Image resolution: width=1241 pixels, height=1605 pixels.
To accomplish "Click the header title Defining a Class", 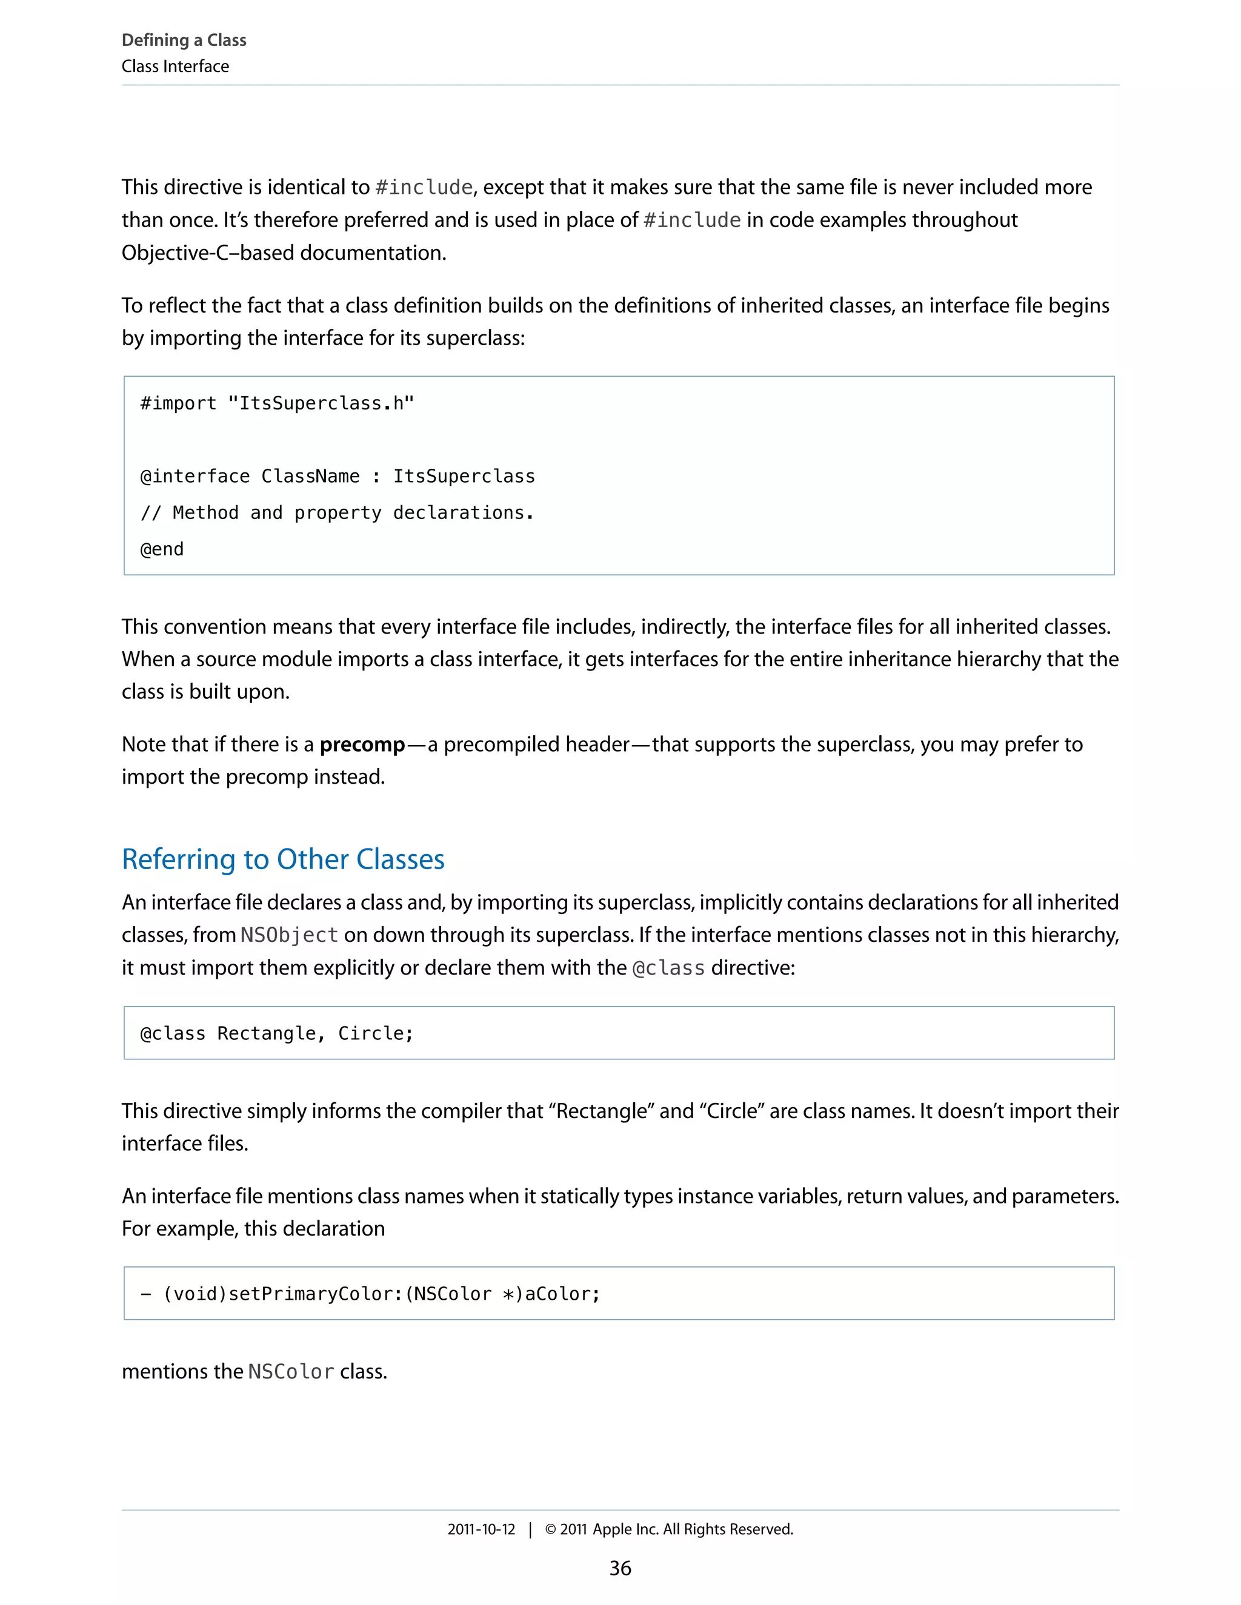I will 184,40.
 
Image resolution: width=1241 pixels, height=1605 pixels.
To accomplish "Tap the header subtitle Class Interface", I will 175,66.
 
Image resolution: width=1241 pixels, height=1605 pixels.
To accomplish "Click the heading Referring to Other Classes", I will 283,859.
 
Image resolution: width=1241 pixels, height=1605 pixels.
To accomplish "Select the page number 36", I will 620,1567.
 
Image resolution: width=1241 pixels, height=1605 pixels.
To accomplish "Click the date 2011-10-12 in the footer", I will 481,1529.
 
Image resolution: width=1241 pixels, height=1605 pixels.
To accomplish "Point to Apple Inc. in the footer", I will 625,1529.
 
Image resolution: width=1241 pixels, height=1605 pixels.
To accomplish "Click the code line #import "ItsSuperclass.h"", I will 277,403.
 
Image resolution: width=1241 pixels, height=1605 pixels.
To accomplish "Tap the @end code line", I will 162,549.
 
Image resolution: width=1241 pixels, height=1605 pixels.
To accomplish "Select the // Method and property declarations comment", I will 337,512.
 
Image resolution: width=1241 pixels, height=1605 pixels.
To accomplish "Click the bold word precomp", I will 362,744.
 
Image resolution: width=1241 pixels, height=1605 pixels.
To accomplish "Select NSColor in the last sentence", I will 291,1371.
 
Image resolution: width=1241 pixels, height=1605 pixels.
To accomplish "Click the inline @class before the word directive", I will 668,968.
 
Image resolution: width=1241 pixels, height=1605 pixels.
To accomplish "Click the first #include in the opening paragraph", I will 424,187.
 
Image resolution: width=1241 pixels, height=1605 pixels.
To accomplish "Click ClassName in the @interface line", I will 310,476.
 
